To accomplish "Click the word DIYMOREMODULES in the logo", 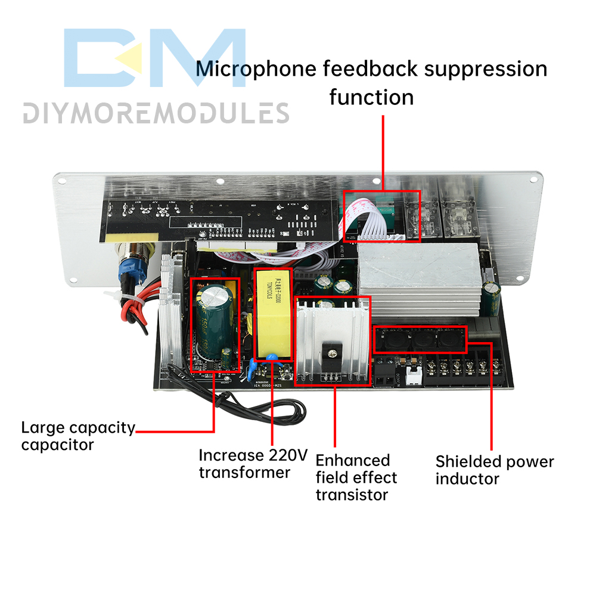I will (156, 113).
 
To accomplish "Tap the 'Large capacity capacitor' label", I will (77, 436).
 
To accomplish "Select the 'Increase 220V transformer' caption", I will (253, 464).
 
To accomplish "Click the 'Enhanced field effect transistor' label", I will (356, 477).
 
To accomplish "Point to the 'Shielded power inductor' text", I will (494, 470).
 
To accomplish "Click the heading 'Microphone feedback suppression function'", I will (371, 82).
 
